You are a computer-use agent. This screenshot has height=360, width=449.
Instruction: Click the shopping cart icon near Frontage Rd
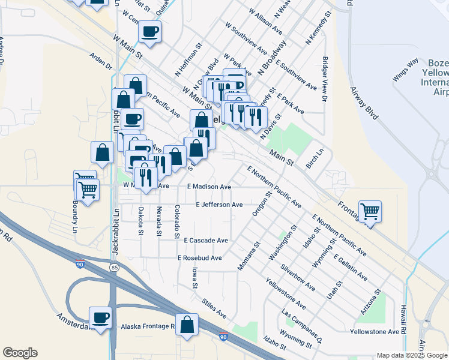tap(370, 211)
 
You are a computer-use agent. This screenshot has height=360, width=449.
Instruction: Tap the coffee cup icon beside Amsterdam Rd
tap(100, 317)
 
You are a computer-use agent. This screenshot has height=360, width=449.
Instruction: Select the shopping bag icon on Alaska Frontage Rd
tap(187, 324)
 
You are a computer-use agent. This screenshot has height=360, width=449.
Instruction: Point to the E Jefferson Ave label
tap(219, 205)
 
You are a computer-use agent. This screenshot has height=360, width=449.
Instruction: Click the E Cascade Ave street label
tap(206, 240)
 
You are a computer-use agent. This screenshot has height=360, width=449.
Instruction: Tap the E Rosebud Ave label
tap(200, 257)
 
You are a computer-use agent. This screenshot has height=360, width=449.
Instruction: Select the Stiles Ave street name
tap(214, 308)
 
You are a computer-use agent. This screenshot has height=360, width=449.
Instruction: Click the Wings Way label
tap(405, 70)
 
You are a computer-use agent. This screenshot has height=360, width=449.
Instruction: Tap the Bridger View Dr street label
tap(325, 79)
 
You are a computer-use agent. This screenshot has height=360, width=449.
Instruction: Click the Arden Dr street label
tap(101, 61)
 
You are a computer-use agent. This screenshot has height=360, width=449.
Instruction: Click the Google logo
tap(20, 353)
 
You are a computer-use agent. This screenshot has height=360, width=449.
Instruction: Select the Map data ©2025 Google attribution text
tap(412, 355)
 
